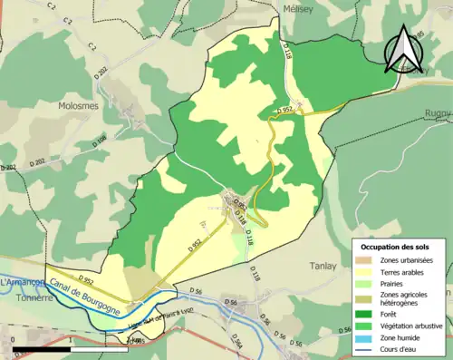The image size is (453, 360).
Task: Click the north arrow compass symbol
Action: point(404,49)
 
